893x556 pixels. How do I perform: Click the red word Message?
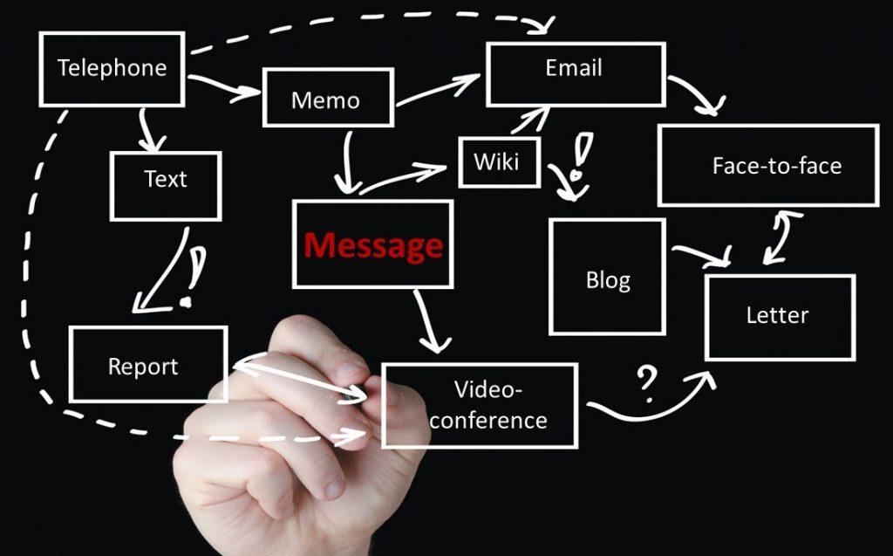point(373,245)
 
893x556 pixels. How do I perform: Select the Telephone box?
point(112,69)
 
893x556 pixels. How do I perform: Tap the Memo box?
point(328,98)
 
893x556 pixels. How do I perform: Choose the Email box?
point(576,74)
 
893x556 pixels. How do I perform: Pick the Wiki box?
point(499,162)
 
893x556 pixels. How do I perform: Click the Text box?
point(165,186)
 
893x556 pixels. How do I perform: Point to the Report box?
point(148,364)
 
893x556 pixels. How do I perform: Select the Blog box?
point(607,276)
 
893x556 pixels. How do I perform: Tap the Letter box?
point(780,318)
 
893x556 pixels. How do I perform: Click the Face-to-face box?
point(768,165)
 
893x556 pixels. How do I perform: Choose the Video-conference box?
point(480,406)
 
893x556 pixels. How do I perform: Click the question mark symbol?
point(646,383)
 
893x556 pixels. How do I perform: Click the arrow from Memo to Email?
point(438,90)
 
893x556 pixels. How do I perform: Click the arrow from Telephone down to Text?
point(150,130)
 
